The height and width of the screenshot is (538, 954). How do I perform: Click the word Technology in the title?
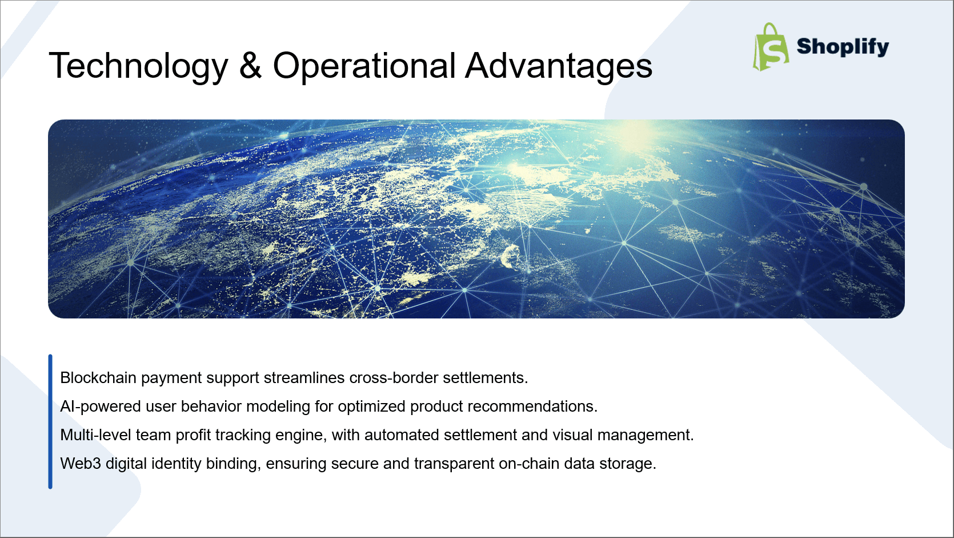pos(138,66)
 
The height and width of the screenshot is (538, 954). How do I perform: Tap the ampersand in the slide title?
pos(250,65)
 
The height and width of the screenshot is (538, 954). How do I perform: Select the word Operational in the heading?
pos(364,66)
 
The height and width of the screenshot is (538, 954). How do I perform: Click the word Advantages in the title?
pos(558,66)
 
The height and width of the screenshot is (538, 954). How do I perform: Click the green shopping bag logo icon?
pos(771,47)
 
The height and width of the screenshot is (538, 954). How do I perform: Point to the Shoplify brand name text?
pos(843,46)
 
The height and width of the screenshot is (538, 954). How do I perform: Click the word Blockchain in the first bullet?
pos(98,378)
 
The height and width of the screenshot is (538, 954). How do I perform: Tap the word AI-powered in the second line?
pos(100,407)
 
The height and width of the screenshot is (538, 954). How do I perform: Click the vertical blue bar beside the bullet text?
pos(50,421)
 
